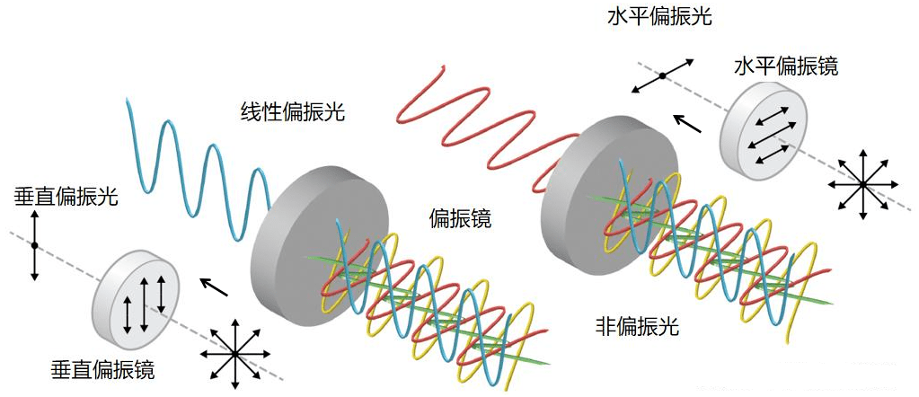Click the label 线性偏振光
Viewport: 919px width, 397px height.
293,112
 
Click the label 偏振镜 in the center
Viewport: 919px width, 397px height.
461,217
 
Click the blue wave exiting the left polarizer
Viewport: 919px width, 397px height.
193,171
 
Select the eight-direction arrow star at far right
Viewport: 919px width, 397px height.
862,184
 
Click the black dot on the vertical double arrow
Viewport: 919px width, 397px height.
34,244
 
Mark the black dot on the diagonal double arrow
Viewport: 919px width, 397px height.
662,76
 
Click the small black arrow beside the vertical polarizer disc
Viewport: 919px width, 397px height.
213,287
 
